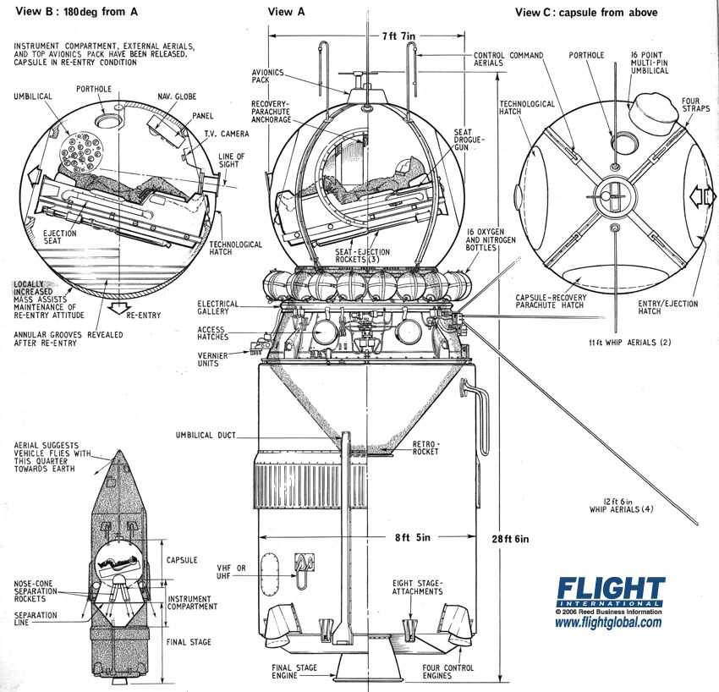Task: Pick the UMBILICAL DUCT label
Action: [206, 435]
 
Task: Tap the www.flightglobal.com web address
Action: [608, 623]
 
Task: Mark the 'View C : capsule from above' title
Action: [585, 12]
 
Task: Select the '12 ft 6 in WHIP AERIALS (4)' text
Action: [622, 505]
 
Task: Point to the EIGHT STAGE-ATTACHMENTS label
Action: [418, 588]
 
